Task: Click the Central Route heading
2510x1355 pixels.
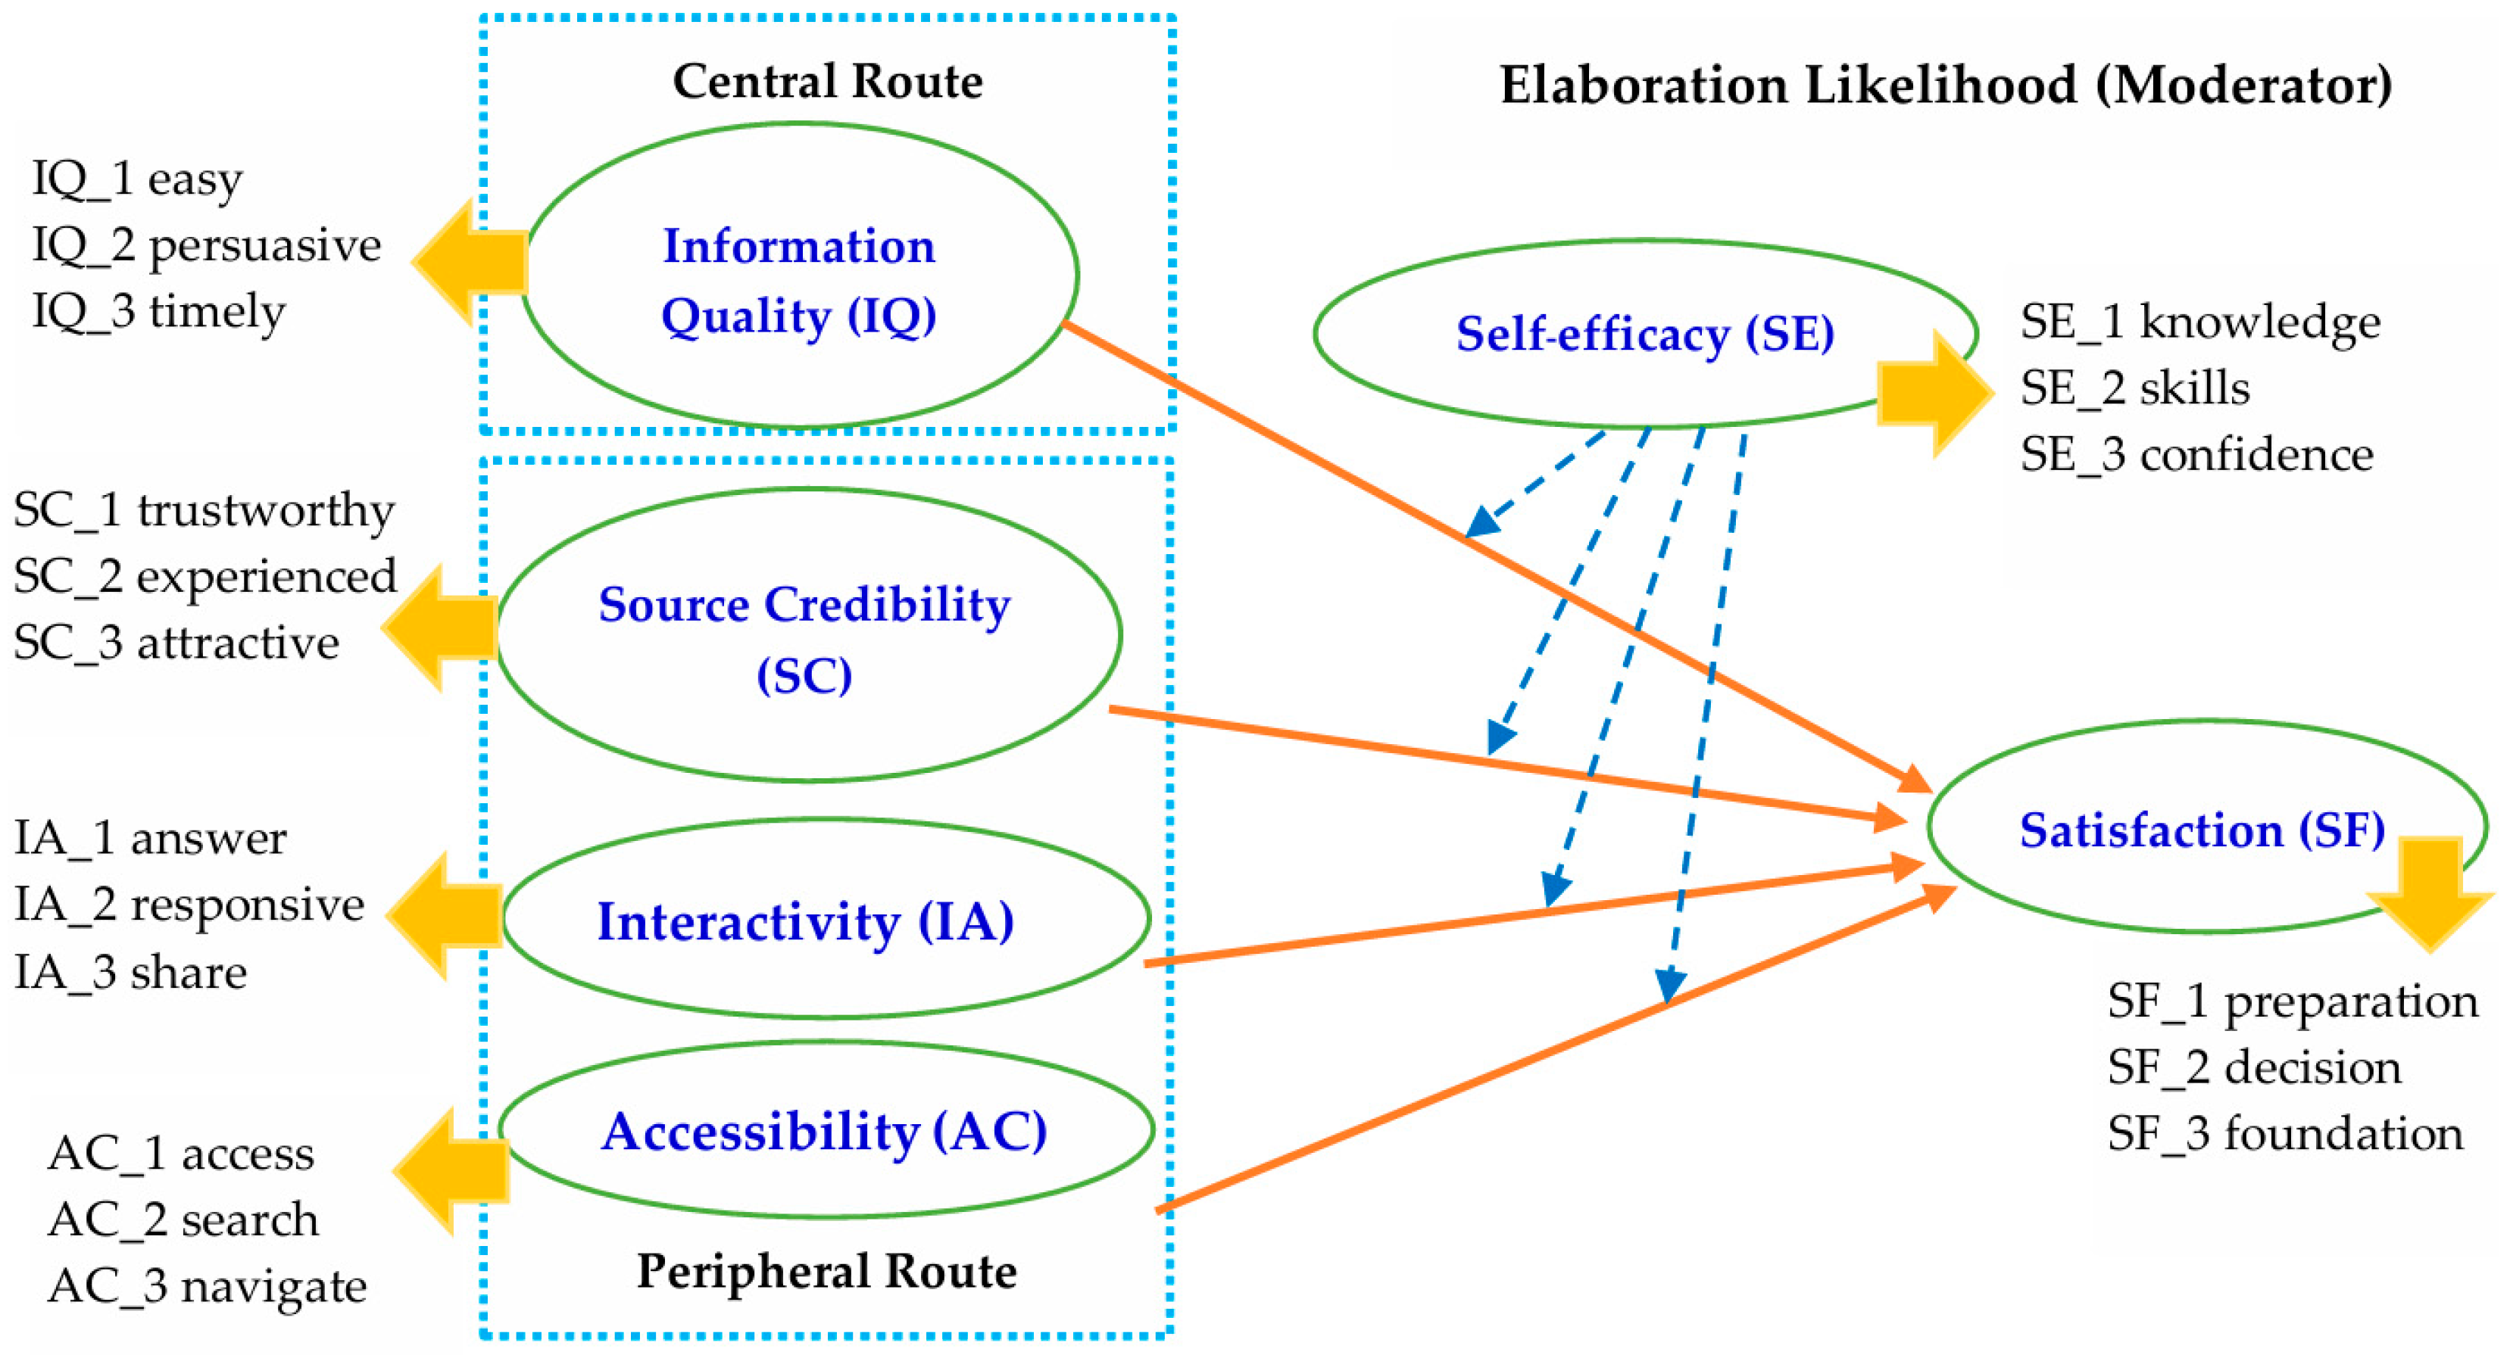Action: pyautogui.click(x=827, y=81)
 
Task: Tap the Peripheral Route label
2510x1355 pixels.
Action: pyautogui.click(x=826, y=1271)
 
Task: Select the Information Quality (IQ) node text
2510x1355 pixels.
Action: pyautogui.click(x=798, y=281)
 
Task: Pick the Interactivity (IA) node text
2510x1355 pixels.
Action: pyautogui.click(x=805, y=921)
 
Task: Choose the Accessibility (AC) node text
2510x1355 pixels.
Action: pyautogui.click(x=824, y=1132)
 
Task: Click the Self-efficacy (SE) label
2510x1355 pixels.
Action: pyautogui.click(x=1645, y=334)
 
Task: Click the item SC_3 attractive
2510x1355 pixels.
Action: pyautogui.click(x=176, y=643)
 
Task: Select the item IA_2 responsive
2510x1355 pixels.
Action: pyautogui.click(x=189, y=904)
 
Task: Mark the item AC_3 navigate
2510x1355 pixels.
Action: pyautogui.click(x=207, y=1286)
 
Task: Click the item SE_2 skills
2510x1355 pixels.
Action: pyautogui.click(x=2134, y=388)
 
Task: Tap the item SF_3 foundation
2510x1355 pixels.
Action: pyautogui.click(x=2285, y=1134)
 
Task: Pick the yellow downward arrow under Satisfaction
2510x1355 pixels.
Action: pyautogui.click(x=2430, y=889)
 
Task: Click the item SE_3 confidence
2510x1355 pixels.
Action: pyautogui.click(x=2196, y=455)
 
